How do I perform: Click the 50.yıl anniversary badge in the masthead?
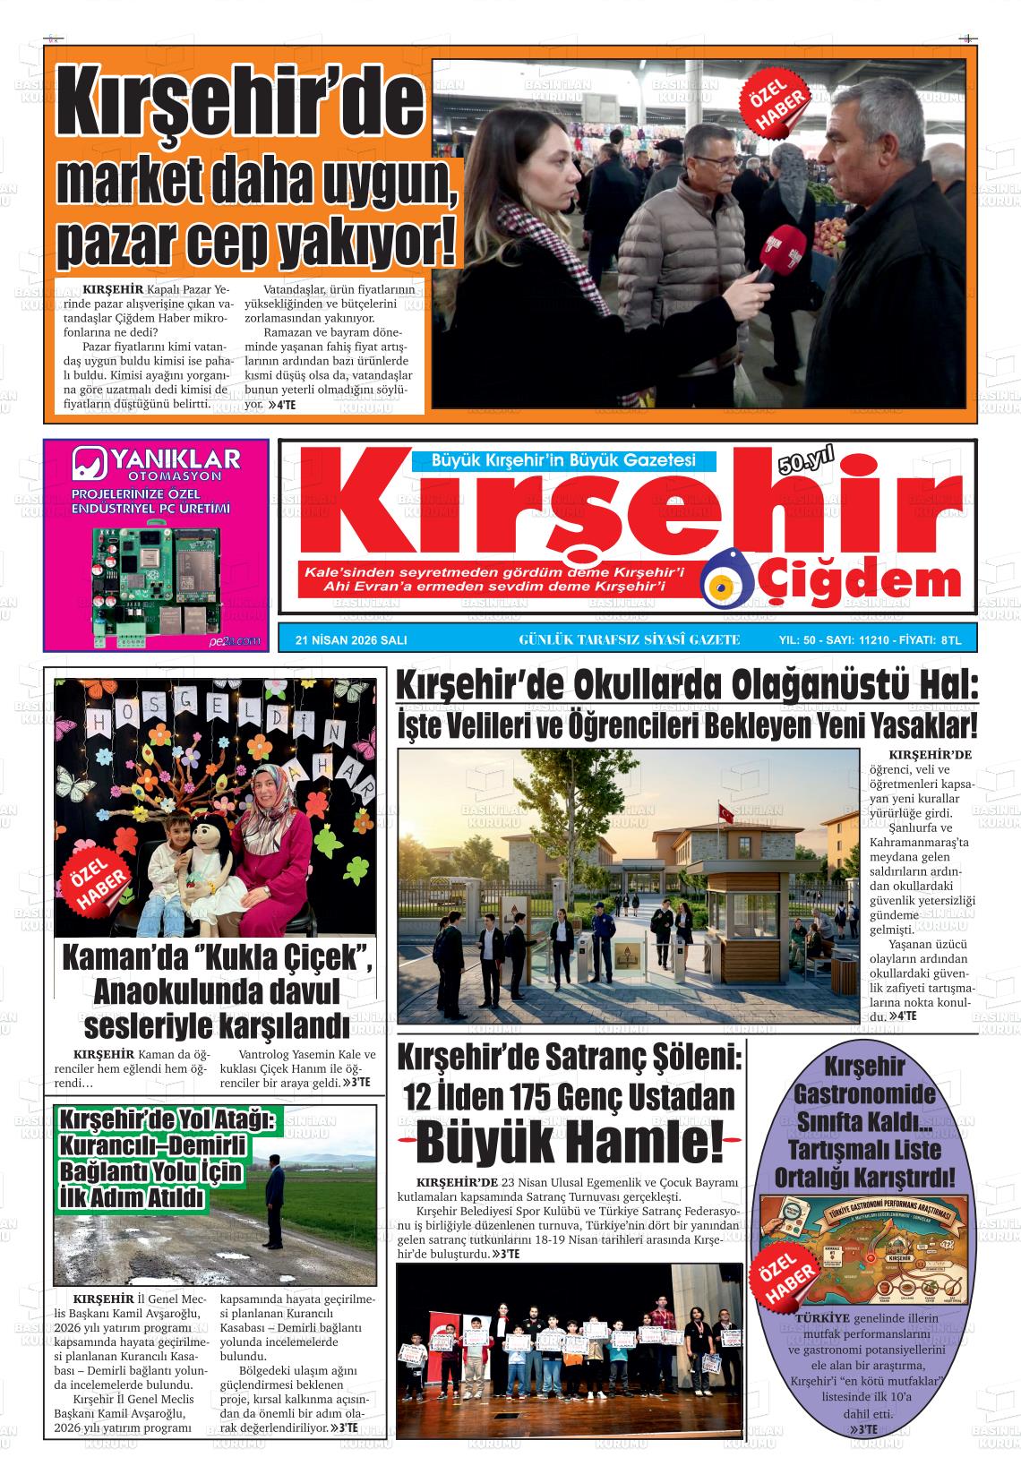pos(805,460)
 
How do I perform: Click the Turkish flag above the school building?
pos(726,814)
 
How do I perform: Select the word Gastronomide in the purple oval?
pos(863,1094)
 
